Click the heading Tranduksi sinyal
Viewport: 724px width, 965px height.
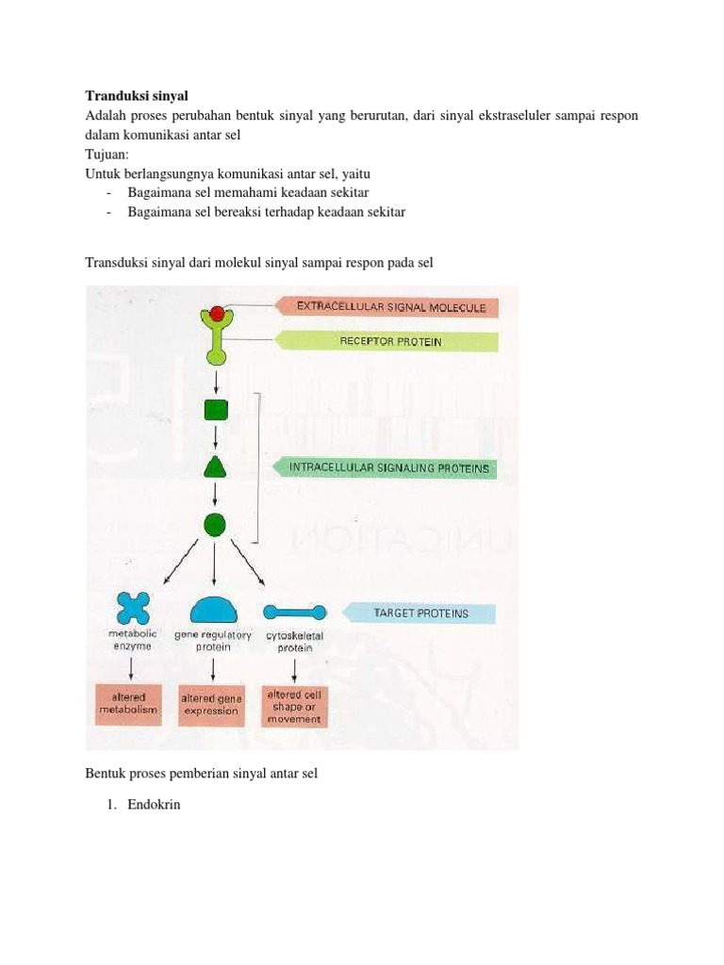(137, 96)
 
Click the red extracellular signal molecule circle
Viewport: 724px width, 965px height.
(217, 313)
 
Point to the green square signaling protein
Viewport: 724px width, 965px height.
(216, 410)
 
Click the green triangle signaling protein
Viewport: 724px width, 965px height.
(215, 466)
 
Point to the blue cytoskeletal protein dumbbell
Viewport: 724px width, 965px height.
(295, 612)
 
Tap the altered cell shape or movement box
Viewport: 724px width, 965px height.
(295, 706)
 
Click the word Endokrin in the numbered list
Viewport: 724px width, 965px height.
(154, 806)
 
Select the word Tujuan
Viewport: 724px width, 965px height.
(108, 154)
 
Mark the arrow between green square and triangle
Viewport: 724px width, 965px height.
(216, 437)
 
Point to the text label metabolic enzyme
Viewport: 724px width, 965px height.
(131, 641)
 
